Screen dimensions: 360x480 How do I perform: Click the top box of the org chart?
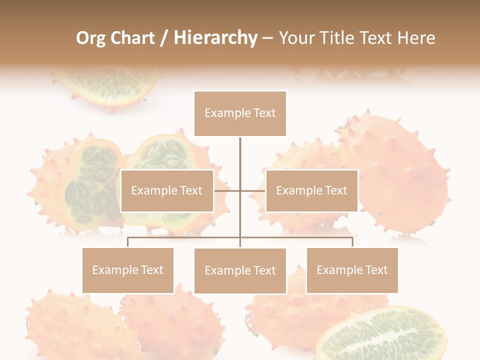tap(240, 113)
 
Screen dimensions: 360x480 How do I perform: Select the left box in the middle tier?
tap(167, 190)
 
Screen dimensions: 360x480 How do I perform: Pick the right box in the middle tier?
tap(311, 190)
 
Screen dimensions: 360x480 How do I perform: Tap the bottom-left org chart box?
tap(128, 270)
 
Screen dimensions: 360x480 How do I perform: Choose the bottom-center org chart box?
tap(240, 270)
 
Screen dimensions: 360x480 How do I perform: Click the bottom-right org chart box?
tap(352, 270)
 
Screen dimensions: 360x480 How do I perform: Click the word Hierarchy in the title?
tap(215, 38)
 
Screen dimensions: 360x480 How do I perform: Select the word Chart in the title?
tap(131, 38)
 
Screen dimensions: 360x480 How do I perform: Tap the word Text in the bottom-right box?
tap(376, 270)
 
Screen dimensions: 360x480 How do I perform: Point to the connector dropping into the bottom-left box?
tap(128, 242)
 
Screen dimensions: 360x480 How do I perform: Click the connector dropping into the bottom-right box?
tap(352, 242)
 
